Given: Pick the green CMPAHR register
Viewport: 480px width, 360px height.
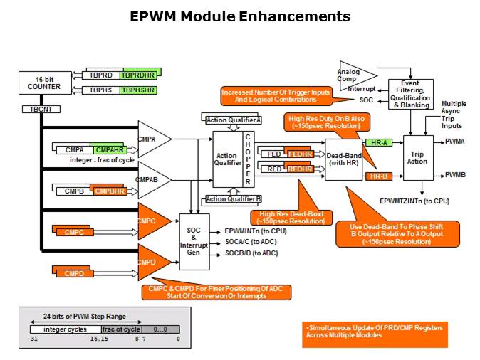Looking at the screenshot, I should point(110,149).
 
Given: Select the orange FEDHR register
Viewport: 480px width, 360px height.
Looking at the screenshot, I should point(299,153).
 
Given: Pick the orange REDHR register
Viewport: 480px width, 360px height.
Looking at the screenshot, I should point(299,169).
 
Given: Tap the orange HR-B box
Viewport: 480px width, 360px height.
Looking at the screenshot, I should point(377,175).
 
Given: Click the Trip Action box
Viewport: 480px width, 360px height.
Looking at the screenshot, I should point(418,157).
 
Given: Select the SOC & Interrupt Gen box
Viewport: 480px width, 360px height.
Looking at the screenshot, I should point(193,241).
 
